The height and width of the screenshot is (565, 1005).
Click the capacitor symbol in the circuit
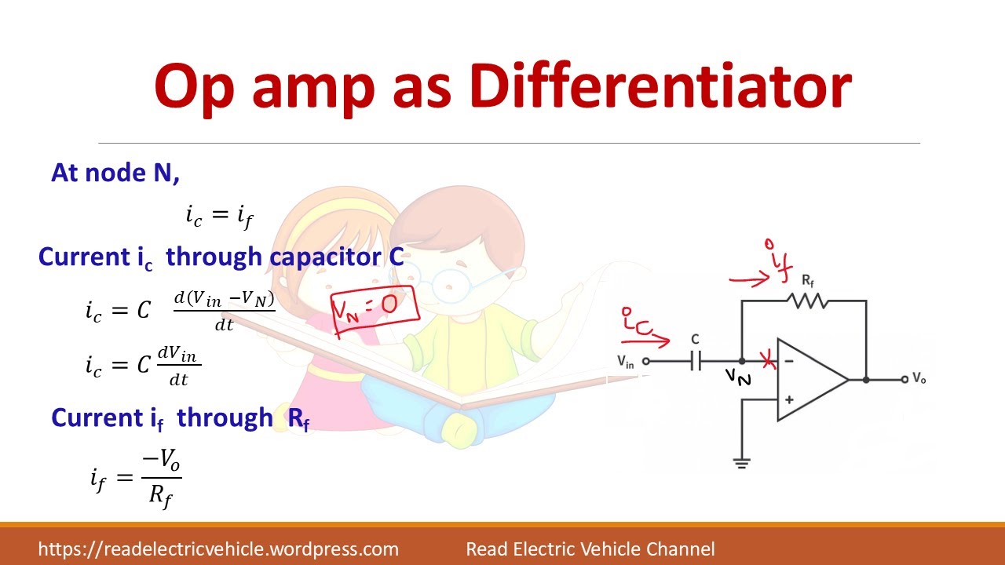click(x=696, y=361)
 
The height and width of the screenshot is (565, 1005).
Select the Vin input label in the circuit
click(x=626, y=362)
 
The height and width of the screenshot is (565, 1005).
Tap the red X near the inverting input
click(x=768, y=361)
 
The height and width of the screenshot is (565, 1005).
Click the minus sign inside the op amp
click(x=788, y=361)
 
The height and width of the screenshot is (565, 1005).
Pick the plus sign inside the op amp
click(x=788, y=400)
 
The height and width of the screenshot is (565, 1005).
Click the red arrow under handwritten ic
click(x=645, y=341)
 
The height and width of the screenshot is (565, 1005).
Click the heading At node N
click(x=115, y=173)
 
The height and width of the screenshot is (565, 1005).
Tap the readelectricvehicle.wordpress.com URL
click(x=218, y=549)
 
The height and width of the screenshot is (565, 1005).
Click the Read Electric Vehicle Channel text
click(x=590, y=549)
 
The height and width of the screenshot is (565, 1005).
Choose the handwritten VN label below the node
click(x=738, y=377)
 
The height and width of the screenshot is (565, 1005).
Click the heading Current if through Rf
click(x=181, y=418)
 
